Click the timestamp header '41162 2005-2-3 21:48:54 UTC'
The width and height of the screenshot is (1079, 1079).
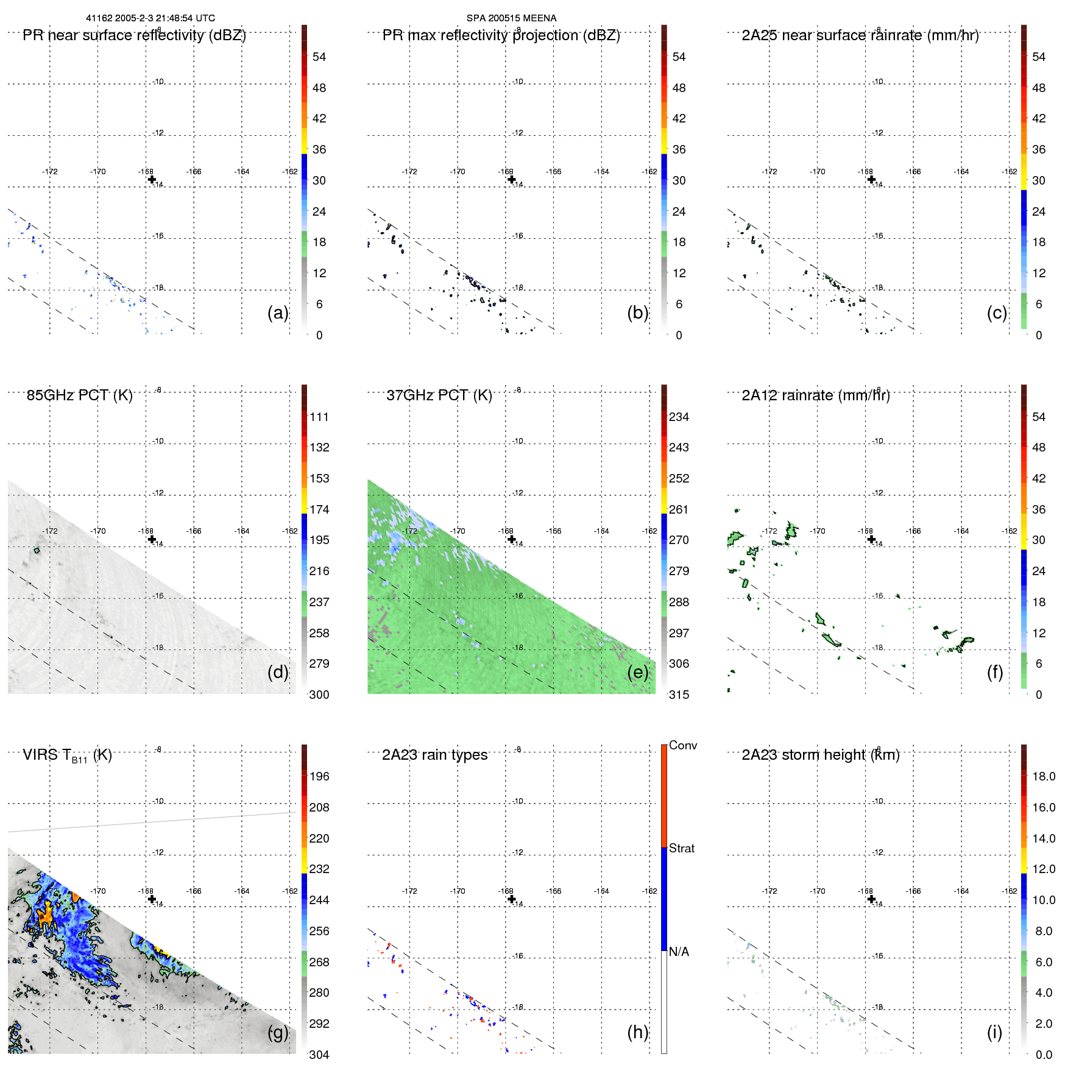150,18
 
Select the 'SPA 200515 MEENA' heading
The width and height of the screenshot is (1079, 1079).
511,18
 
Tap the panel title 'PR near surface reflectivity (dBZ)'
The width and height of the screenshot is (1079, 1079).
134,35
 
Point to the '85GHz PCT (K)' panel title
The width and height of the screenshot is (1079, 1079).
79,395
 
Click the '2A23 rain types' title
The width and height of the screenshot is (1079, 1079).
434,755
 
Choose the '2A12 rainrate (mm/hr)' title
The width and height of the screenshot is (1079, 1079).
816,395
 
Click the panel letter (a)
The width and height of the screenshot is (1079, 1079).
278,313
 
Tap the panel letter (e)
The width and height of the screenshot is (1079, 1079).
638,672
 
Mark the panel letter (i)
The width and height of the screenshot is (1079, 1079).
994,1032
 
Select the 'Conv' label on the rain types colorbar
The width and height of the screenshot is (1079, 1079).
682,745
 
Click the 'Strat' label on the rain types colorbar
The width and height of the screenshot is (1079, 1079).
681,848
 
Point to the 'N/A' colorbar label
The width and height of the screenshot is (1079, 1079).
679,952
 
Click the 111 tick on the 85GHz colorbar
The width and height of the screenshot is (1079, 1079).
319,417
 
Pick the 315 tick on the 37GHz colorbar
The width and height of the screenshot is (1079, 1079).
679,695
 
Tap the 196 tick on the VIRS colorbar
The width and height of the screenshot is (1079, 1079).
319,776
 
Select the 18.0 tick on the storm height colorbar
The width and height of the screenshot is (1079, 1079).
1043,776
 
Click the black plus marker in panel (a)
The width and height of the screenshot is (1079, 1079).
152,179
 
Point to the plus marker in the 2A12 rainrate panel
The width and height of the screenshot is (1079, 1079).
871,539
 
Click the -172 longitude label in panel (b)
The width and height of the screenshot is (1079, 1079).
409,172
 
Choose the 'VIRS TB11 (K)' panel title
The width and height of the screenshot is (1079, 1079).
67,755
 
